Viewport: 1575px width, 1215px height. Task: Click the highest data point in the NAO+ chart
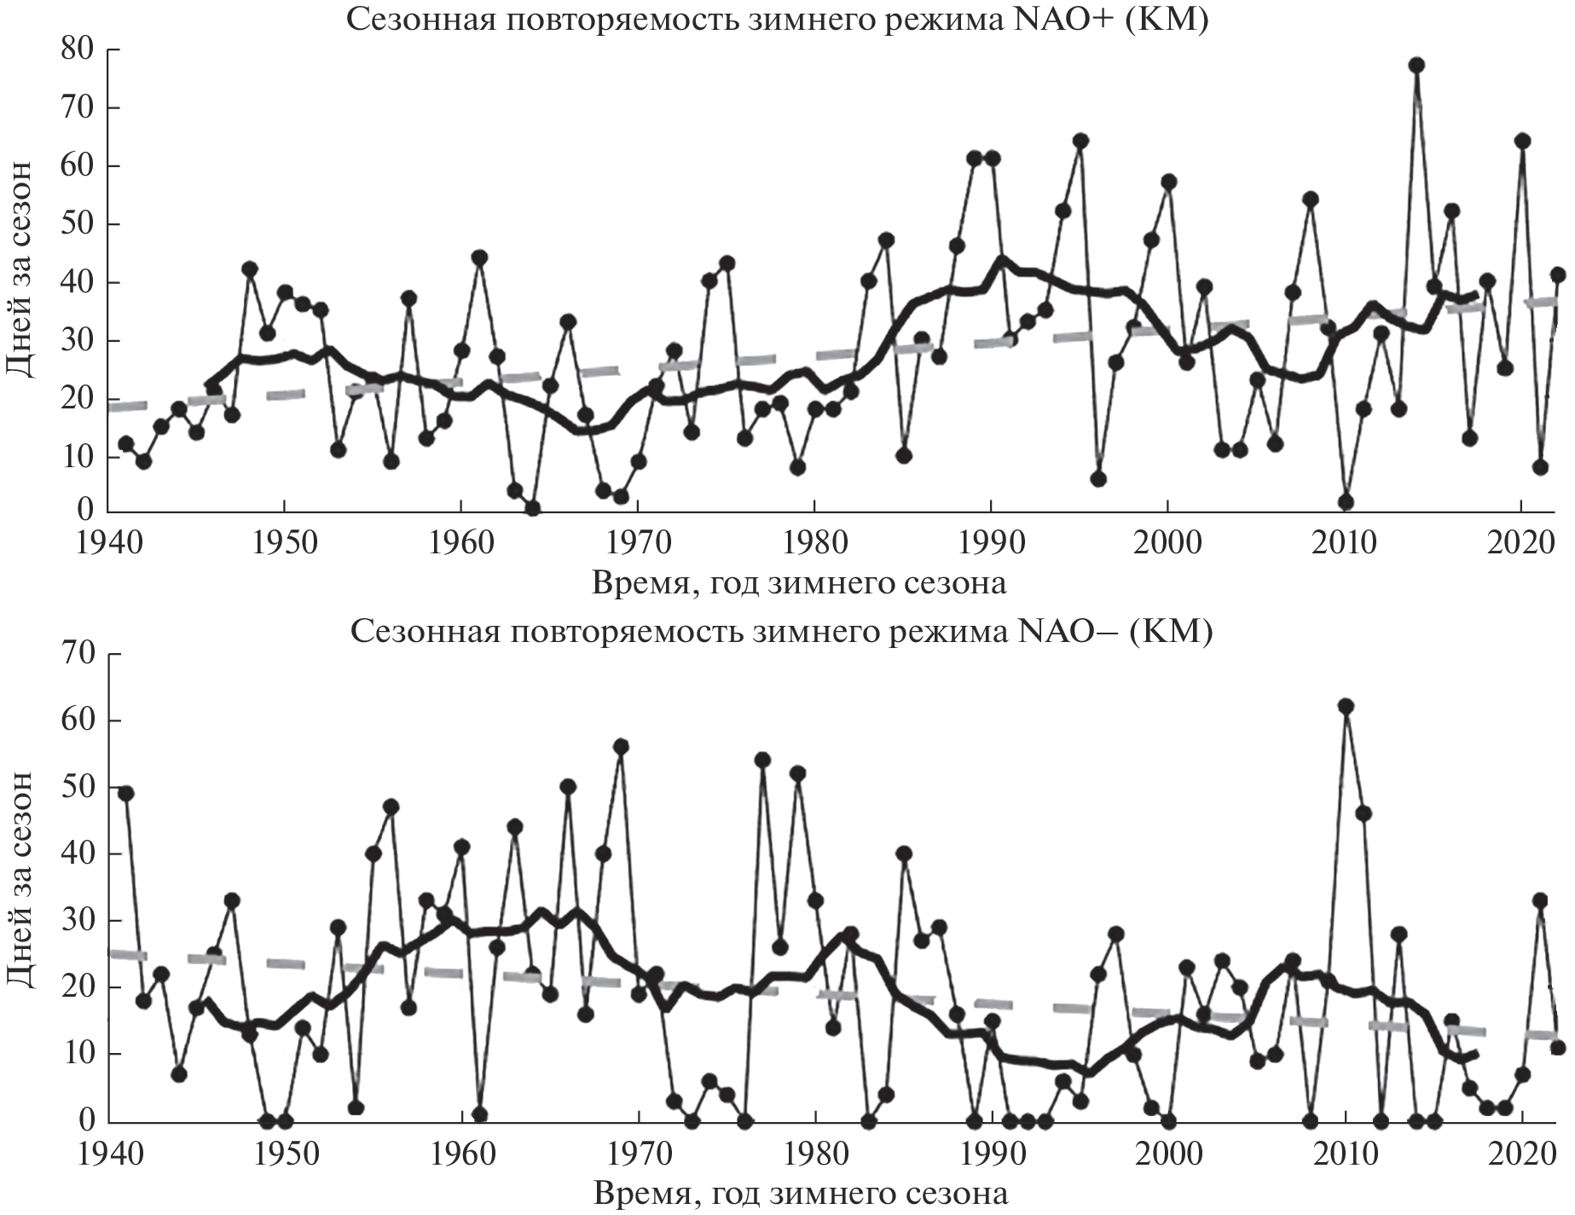tap(1416, 66)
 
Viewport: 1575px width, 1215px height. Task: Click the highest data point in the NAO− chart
tap(1346, 706)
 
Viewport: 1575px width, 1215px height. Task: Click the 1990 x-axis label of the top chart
tap(991, 544)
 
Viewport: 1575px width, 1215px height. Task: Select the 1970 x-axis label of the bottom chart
tap(638, 1154)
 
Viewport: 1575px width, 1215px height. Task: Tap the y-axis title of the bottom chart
tap(22, 879)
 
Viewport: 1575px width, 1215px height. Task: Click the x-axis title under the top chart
tap(799, 583)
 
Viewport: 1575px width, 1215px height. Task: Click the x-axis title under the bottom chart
tap(799, 1194)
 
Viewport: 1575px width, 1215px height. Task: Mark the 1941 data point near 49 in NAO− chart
tap(126, 793)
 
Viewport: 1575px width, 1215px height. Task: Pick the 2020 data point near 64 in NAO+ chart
tap(1522, 142)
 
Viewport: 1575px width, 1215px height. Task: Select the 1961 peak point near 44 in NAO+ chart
tap(479, 257)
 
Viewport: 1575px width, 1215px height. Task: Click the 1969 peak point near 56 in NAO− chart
tap(621, 747)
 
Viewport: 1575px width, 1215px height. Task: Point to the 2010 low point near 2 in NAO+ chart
tap(1346, 502)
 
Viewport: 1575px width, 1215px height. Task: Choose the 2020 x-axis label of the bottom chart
tap(1521, 1154)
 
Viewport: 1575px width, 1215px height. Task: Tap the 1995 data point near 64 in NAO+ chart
tap(1080, 141)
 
